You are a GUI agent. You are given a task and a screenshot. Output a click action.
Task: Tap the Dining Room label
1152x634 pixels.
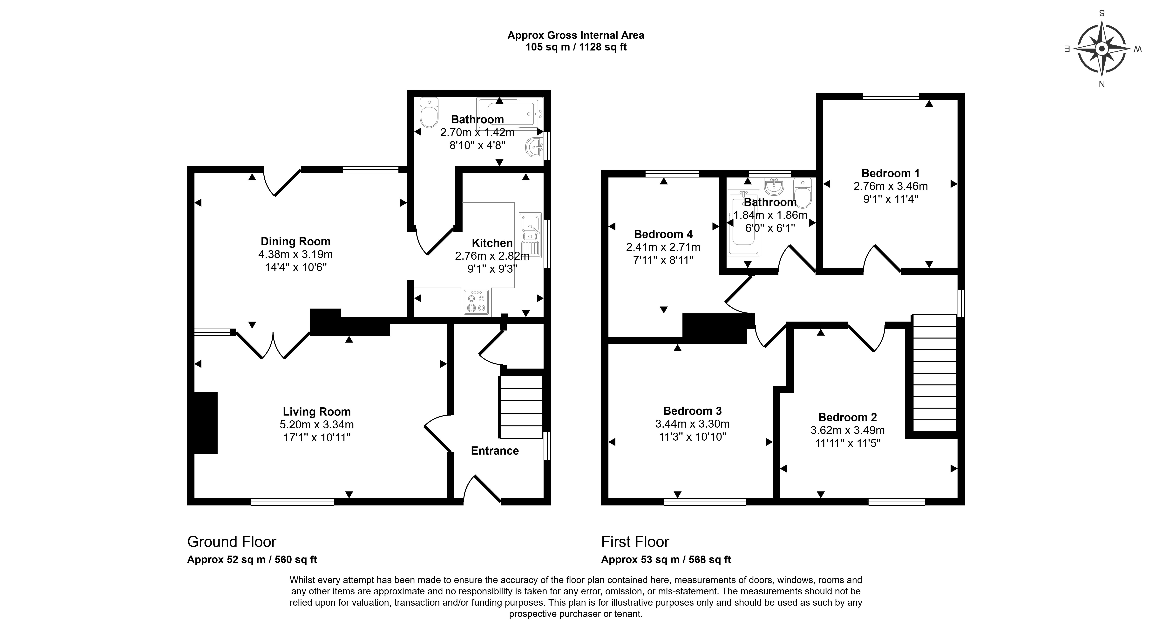coord(296,241)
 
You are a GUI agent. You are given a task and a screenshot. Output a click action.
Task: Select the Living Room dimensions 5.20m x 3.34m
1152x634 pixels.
coord(317,424)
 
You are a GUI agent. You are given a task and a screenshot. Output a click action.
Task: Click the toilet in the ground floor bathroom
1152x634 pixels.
coord(429,114)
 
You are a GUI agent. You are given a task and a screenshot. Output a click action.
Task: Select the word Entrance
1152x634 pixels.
coord(495,451)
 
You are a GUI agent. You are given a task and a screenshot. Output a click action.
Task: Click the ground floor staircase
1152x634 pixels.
coord(521,407)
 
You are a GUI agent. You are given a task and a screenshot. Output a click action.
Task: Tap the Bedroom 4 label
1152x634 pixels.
coord(663,234)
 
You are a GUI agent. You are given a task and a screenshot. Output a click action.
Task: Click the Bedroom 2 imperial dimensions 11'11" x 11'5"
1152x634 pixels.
coord(847,443)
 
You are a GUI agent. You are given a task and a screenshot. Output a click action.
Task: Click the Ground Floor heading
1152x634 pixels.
coord(232,541)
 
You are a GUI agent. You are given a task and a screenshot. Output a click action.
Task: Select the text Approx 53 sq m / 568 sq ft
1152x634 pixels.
coord(666,559)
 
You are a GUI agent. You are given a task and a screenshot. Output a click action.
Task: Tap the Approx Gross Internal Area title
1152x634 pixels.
coord(576,35)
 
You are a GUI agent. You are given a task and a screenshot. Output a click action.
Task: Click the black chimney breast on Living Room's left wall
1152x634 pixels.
coord(206,423)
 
